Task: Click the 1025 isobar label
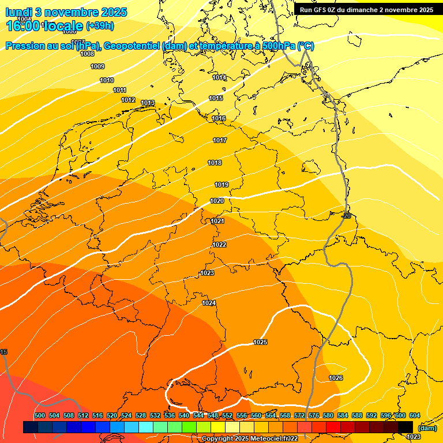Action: point(260,343)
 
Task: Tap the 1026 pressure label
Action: point(336,378)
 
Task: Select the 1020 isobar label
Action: point(217,201)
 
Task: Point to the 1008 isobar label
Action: point(87,54)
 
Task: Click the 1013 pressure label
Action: point(148,103)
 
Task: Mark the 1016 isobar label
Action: point(219,119)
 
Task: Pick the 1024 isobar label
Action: point(209,303)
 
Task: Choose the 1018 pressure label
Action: point(215,163)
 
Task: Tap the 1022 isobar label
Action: point(219,245)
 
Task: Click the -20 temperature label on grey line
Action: point(346,216)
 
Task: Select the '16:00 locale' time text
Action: point(44,26)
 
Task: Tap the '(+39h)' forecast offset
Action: point(100,27)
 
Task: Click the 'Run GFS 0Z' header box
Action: point(366,10)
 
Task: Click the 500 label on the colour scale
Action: point(39,416)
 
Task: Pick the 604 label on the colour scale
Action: point(414,416)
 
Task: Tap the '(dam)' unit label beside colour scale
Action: point(427,428)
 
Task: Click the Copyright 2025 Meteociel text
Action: point(249,438)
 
